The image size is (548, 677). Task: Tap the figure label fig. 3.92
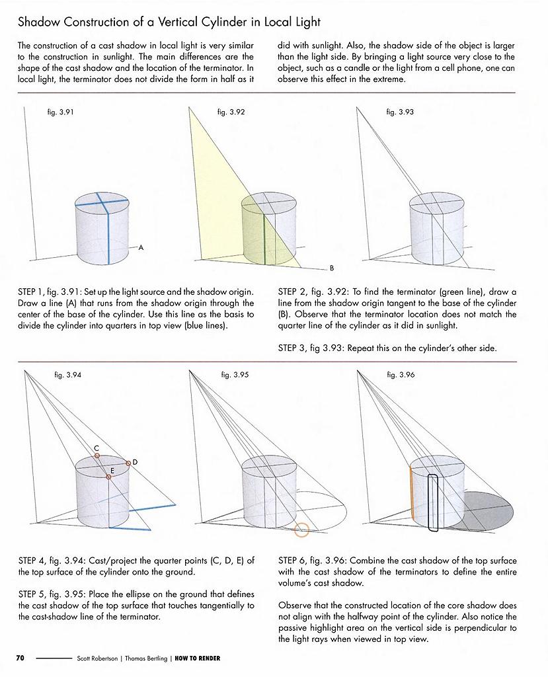(231, 112)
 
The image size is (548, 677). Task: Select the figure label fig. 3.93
(400, 112)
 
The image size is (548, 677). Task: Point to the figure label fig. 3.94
(68, 375)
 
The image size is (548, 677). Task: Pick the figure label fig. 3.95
(235, 375)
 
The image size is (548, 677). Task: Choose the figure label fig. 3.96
(401, 375)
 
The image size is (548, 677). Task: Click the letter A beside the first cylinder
(141, 248)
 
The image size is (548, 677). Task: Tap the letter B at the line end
(332, 268)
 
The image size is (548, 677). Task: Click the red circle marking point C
(97, 456)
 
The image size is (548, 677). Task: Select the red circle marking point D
(128, 463)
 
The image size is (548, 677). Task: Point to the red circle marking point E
(109, 477)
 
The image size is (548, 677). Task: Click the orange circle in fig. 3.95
(301, 529)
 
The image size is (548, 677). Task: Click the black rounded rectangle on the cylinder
(434, 502)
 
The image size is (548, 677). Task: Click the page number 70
(20, 658)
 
